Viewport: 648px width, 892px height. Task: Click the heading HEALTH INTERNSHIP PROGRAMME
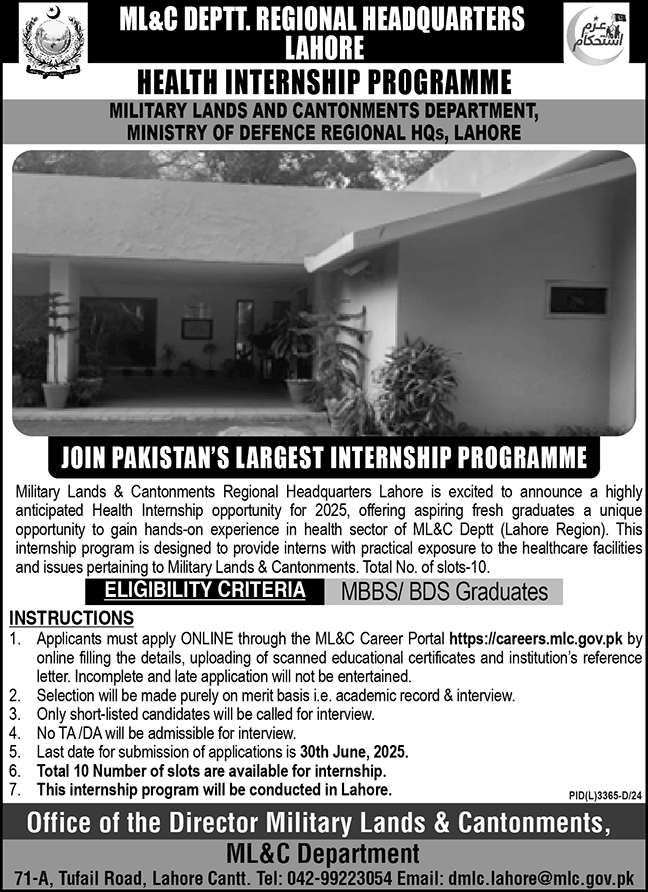(x=324, y=83)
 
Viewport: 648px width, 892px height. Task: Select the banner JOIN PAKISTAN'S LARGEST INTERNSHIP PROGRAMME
(x=323, y=459)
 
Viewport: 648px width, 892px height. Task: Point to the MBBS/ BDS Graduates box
(x=444, y=592)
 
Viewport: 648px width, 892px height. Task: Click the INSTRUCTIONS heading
(x=70, y=617)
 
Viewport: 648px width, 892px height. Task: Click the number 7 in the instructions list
(x=14, y=789)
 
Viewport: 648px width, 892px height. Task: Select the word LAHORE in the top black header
(x=323, y=46)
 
